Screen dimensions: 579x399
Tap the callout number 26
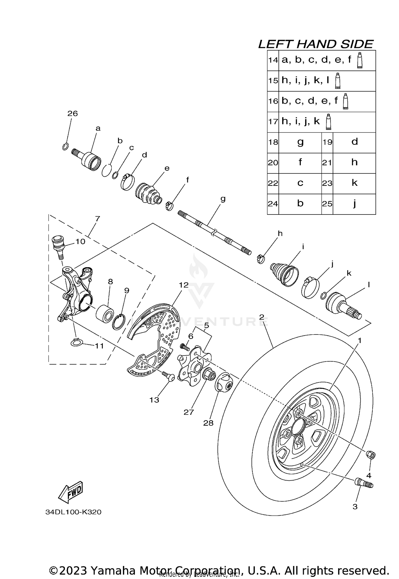coord(72,114)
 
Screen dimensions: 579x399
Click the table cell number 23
coord(327,183)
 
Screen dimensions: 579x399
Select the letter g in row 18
coord(300,142)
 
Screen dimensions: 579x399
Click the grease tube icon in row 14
coord(360,60)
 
